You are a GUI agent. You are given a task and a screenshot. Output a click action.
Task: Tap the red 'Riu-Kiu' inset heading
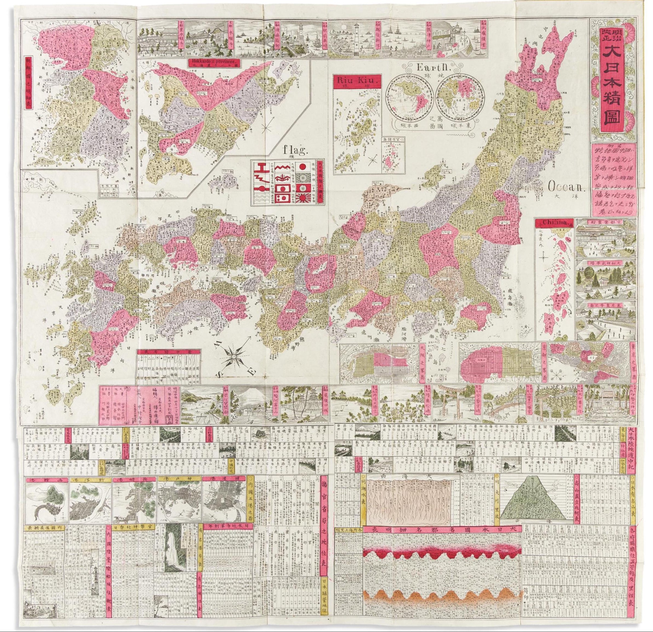click(x=357, y=82)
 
